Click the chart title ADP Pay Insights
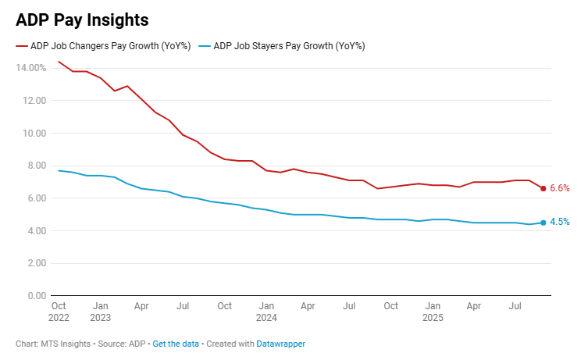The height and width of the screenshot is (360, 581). (x=82, y=20)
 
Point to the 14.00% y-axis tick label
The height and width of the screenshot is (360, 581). (x=30, y=68)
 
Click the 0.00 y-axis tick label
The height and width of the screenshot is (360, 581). (x=37, y=296)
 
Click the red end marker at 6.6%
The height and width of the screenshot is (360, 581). (x=544, y=188)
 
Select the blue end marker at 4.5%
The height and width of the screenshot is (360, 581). (x=544, y=223)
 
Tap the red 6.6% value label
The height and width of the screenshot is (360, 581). (x=560, y=188)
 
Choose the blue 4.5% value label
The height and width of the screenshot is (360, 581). (x=560, y=223)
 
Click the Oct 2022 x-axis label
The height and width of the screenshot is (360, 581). (x=59, y=312)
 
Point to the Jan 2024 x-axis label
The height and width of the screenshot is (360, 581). (x=267, y=312)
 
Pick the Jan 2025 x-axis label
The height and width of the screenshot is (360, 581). (x=433, y=312)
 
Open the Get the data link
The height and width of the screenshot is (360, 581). (x=176, y=344)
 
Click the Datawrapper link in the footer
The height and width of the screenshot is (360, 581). (x=282, y=344)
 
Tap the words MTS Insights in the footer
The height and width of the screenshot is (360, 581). (x=66, y=344)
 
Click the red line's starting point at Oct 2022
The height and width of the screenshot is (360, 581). (x=59, y=62)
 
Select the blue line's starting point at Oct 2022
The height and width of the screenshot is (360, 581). (x=59, y=170)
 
